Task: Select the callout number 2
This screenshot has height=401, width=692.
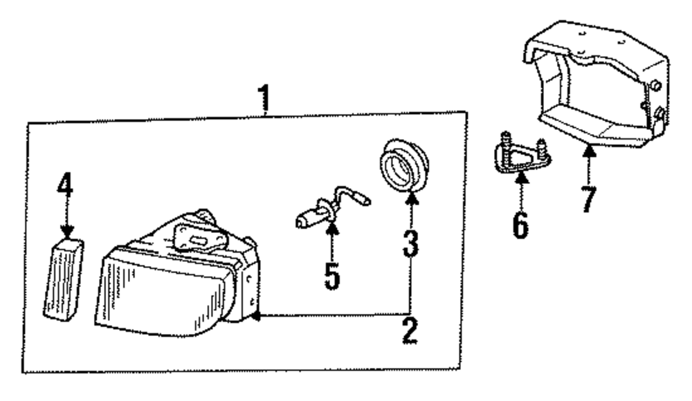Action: tap(409, 332)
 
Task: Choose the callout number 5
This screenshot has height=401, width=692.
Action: tap(332, 274)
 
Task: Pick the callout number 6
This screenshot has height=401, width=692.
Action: tap(520, 223)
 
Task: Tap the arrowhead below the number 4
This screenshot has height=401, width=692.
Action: tap(66, 234)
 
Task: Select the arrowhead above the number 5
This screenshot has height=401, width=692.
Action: tap(332, 226)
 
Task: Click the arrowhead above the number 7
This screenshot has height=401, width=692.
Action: tap(588, 149)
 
